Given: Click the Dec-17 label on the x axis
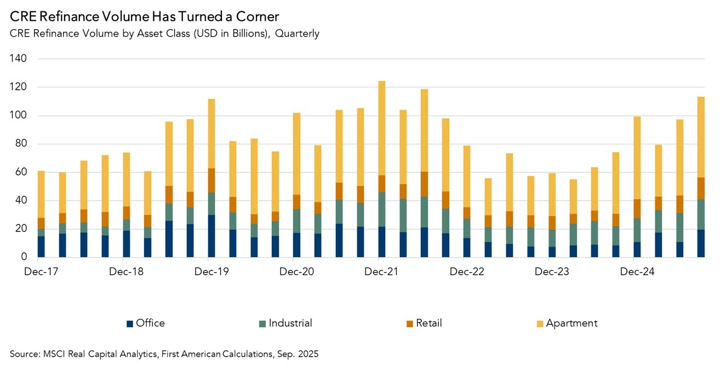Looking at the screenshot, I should [x=41, y=272].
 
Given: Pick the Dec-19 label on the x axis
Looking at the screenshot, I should [x=211, y=272].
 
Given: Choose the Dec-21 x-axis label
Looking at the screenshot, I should [x=381, y=272].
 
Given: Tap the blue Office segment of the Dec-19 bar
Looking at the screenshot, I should [x=211, y=236].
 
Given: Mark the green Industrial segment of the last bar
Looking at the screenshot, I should [x=701, y=214].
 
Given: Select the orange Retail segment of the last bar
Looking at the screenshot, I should [x=701, y=188].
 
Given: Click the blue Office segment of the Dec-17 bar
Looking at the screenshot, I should [x=41, y=246].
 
